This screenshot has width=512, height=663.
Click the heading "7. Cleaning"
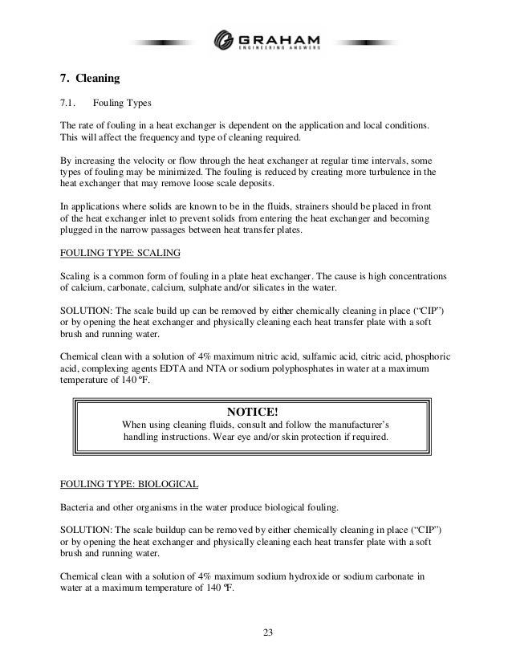point(90,79)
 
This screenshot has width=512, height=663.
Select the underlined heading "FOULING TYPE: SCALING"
point(120,252)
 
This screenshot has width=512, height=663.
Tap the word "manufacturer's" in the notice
point(353,425)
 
